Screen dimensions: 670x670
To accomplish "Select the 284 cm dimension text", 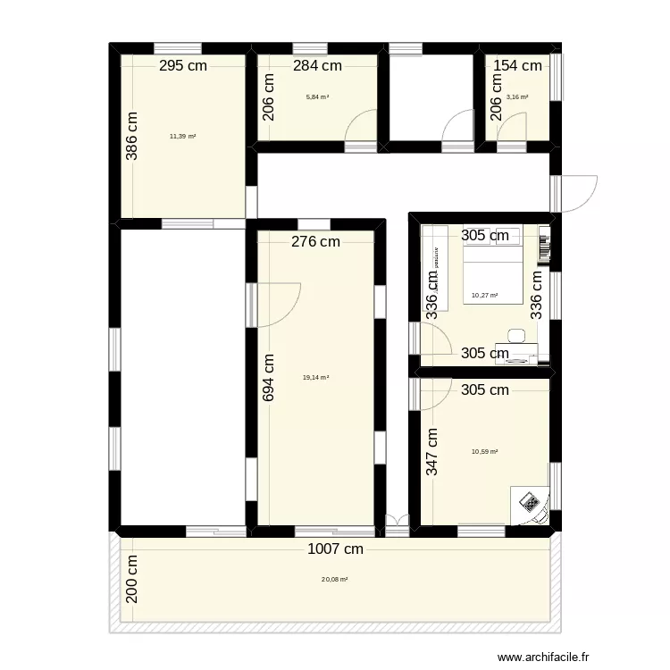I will pos(318,65).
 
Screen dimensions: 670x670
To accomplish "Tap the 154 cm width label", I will pos(518,65).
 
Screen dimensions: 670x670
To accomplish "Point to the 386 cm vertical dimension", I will pos(132,135).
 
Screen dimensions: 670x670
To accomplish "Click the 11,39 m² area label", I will pos(182,137).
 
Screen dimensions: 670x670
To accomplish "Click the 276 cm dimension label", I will pos(315,241).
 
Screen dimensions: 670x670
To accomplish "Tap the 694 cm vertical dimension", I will pos(269,378).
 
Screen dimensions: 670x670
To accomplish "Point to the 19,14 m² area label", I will pos(315,378).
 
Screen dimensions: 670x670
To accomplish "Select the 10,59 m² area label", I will pos(484,452).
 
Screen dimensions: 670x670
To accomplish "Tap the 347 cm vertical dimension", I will pos(432,452).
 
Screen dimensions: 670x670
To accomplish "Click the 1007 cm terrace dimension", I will pos(335,550).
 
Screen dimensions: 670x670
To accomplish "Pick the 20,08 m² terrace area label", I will pos(334,579).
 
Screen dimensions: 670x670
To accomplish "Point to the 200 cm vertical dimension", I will pos(132,579).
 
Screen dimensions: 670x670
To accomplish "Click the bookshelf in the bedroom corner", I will pos(543,250).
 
